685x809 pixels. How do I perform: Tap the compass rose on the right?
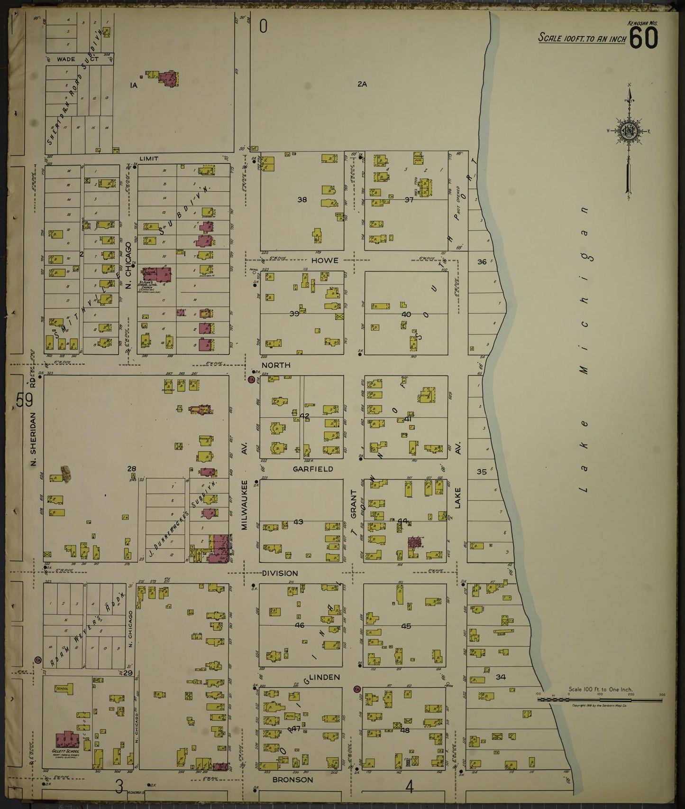[x=629, y=131]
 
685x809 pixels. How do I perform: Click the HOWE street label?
[x=325, y=260]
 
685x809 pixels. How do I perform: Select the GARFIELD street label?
[x=312, y=469]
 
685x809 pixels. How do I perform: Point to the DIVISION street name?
[x=280, y=573]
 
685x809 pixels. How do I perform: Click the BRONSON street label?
[x=292, y=780]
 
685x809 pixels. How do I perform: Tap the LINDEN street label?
[x=324, y=677]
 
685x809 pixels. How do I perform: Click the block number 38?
[x=302, y=200]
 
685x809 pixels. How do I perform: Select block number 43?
[x=298, y=522]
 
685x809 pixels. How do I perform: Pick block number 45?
[x=406, y=626]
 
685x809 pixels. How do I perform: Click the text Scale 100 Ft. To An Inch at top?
[x=582, y=38]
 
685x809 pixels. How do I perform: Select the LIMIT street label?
[x=148, y=158]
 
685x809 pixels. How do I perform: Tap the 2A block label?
[x=362, y=84]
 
